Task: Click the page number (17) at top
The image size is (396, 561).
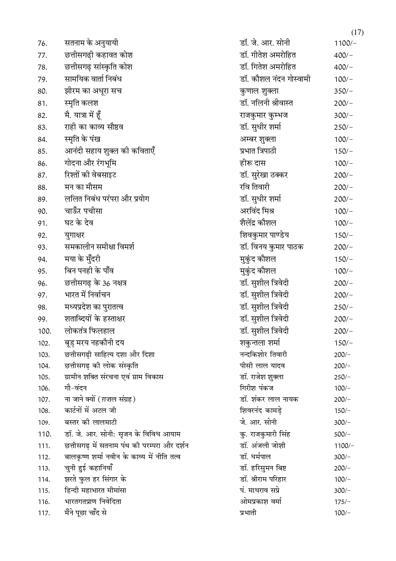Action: point(357,32)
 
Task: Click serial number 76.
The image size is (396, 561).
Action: point(42,43)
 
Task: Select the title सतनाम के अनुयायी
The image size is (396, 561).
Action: point(91,43)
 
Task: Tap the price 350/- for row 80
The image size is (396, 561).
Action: point(343,91)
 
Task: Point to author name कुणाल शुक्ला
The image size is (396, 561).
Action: point(259,91)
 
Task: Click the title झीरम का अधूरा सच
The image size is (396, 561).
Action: point(93,91)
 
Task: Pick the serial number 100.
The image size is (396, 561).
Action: point(44,331)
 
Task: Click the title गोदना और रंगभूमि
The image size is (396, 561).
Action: point(90,163)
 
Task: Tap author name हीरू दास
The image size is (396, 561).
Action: point(253,163)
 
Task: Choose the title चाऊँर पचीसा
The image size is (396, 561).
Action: point(83,211)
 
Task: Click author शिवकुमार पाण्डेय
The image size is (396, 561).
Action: point(264,235)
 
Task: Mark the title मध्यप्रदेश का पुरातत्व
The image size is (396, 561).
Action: point(94,307)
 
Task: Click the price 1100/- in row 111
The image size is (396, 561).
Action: point(344,446)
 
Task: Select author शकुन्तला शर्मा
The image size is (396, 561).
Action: point(260,343)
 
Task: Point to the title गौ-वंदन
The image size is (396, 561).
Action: point(75,388)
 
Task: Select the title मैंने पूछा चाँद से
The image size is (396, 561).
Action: point(85,513)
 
